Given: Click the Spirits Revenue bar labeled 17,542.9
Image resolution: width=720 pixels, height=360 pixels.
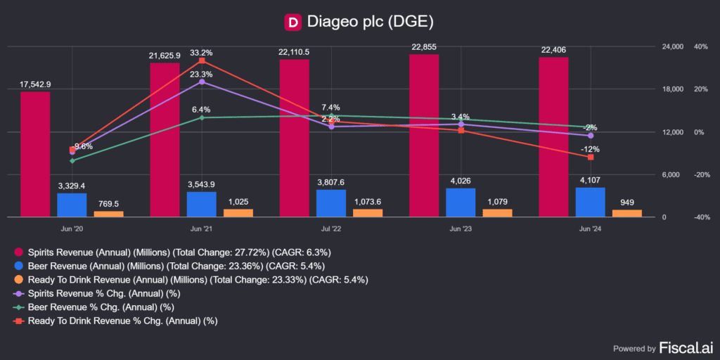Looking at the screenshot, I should pos(35,155).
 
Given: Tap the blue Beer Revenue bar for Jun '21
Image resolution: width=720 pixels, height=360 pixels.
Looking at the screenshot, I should pos(202,204).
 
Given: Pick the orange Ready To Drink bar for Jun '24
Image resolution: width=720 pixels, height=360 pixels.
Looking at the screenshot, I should pos(627,213).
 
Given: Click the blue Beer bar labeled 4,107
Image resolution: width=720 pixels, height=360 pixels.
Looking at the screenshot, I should pos(590,202).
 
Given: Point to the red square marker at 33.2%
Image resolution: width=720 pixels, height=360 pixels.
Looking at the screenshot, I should pos(202,60).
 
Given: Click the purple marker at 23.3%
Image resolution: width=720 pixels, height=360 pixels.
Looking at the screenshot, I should pos(202,82).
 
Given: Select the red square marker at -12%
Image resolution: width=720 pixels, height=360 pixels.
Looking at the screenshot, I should pos(591,157).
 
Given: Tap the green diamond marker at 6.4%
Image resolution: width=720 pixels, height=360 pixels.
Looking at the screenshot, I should pos(202,117).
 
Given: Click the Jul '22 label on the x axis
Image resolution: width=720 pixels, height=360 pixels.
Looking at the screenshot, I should pos(331,229).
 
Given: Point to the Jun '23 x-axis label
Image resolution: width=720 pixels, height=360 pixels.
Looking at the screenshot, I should pos(461,229).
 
